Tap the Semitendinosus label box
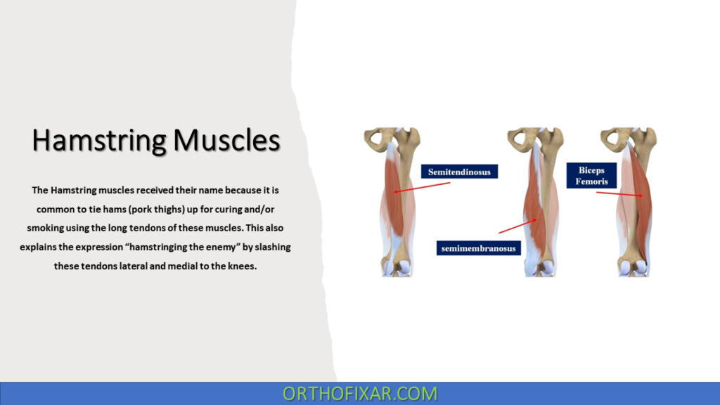pyautogui.click(x=460, y=171)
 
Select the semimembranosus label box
pyautogui.click(x=479, y=248)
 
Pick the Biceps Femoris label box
pyautogui.click(x=592, y=176)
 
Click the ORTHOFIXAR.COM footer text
pyautogui.click(x=360, y=393)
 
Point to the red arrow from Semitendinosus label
pyautogui.click(x=422, y=187)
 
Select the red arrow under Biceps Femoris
pyautogui.click(x=619, y=194)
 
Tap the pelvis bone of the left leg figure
pyautogui.click(x=383, y=141)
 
